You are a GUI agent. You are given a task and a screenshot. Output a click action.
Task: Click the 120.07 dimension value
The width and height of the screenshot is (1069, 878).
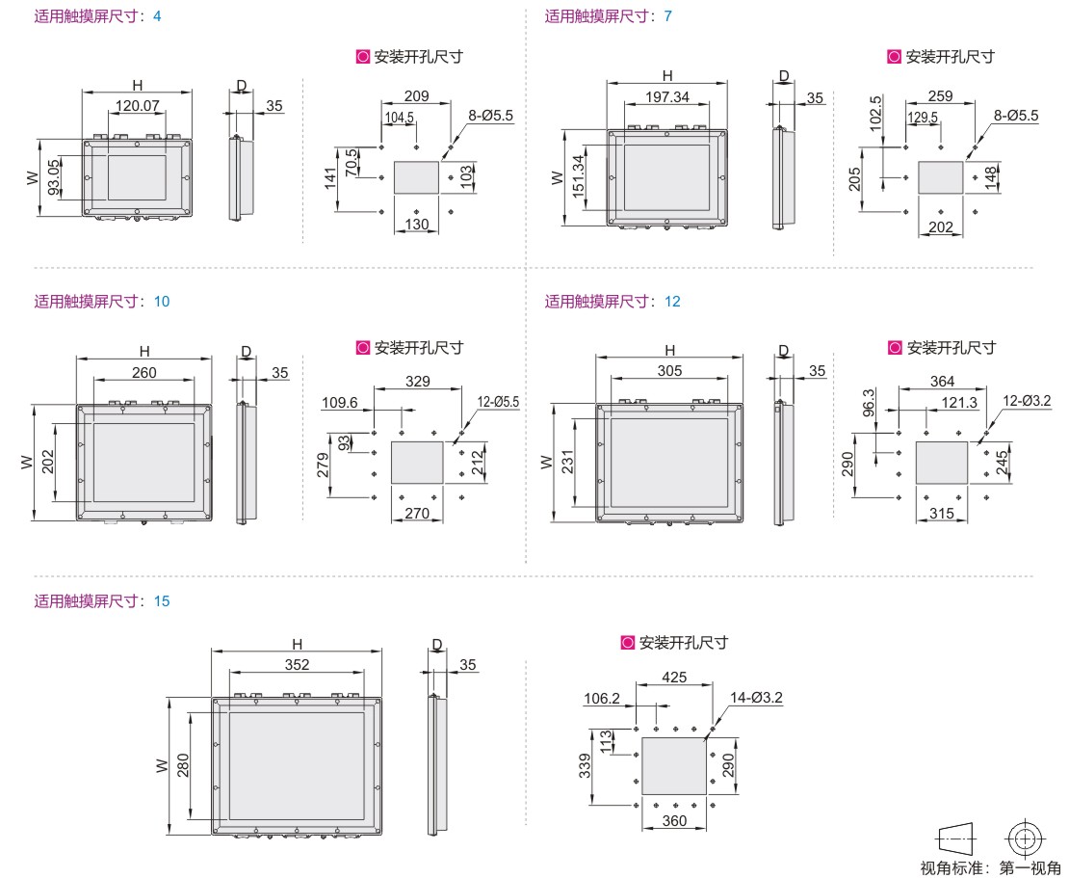point(137,106)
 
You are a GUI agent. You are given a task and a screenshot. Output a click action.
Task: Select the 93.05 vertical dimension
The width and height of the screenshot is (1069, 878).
point(54,177)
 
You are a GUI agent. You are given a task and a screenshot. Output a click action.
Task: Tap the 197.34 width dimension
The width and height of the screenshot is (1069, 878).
point(666,97)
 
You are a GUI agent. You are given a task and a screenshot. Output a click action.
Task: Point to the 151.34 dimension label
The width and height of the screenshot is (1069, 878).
point(578,176)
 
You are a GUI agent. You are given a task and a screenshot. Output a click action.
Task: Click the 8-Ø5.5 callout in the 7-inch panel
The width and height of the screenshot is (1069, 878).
point(1016,116)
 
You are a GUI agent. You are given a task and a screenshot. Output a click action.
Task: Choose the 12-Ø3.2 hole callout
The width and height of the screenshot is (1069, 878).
point(1027,401)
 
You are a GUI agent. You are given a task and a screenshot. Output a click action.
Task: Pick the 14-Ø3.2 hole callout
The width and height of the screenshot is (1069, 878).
point(756,697)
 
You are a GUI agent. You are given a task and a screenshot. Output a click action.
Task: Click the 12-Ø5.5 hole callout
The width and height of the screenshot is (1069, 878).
point(498,402)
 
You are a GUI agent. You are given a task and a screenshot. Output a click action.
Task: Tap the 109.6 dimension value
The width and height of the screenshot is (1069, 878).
point(340,403)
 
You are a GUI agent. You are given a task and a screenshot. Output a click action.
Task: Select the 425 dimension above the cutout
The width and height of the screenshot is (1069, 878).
point(674,678)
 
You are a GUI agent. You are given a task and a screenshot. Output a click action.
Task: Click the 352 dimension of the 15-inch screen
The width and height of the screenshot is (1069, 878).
point(297,664)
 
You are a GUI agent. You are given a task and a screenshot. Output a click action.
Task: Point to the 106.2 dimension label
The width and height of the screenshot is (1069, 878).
point(602,699)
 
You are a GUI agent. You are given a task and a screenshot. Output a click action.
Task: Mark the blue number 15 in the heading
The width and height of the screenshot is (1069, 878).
point(162,601)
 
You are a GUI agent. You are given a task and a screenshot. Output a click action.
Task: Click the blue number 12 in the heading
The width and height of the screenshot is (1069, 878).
point(672,302)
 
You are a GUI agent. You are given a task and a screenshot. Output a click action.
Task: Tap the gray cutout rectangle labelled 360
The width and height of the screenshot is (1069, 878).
point(674,765)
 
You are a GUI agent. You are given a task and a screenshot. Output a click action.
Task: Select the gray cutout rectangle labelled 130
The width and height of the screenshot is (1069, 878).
point(417,177)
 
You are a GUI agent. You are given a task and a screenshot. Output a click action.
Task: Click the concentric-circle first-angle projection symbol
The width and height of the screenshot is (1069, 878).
point(1025,838)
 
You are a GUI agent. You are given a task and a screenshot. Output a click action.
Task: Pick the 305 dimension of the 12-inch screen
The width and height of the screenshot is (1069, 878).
point(669,370)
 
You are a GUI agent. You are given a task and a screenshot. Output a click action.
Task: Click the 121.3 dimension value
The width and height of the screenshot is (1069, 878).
point(959,403)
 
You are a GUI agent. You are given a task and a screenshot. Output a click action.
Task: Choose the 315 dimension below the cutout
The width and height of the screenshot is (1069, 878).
point(942,513)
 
